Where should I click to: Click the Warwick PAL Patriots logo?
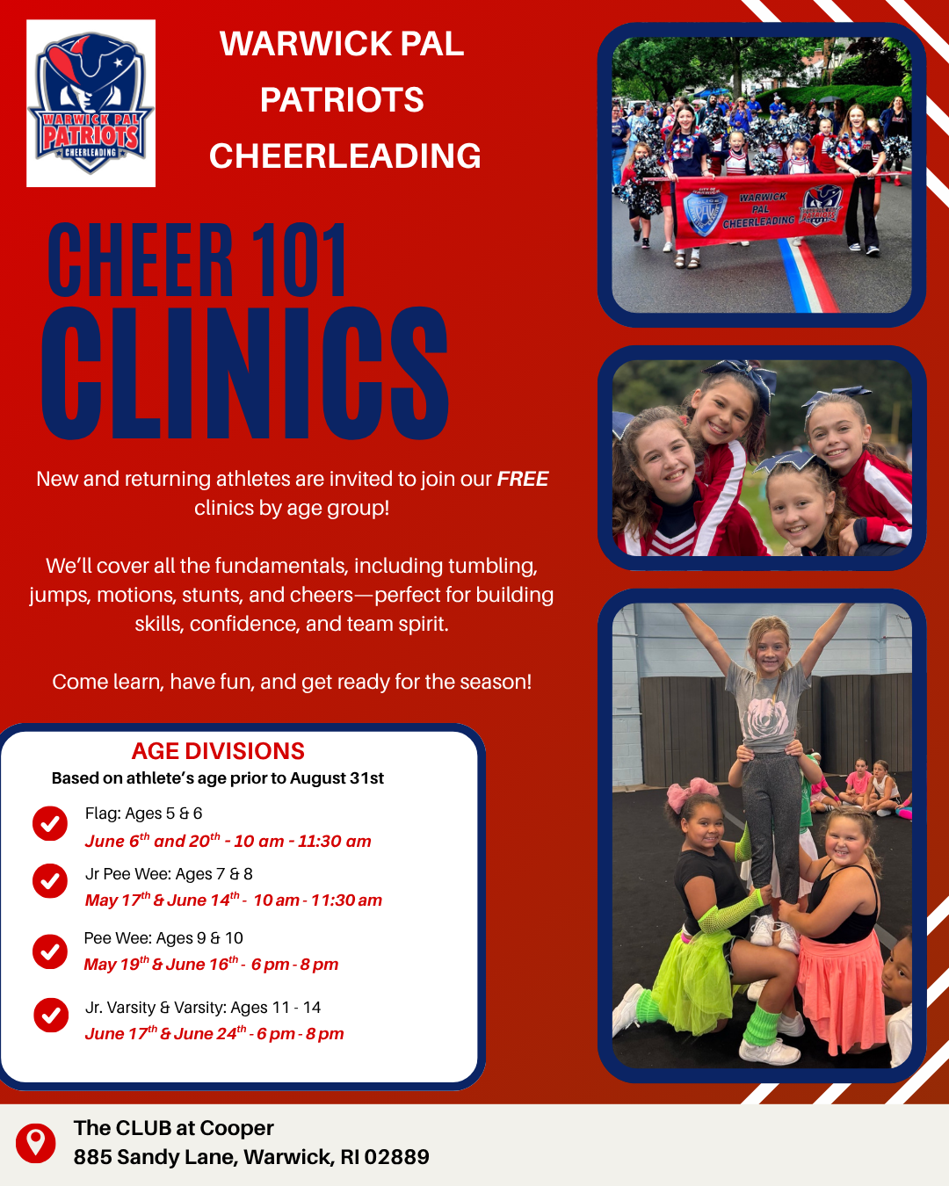91,104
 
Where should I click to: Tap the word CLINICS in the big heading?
245,373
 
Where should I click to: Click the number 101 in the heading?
299,259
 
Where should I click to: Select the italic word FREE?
523,479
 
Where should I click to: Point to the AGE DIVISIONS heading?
218,751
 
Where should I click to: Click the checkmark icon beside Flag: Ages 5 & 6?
50,823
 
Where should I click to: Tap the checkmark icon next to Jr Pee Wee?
50,880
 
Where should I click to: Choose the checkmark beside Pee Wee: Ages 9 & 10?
50,951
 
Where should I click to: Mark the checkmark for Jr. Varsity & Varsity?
51,1016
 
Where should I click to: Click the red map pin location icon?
36,1144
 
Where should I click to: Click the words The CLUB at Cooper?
174,1128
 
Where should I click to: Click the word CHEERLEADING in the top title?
345,155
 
